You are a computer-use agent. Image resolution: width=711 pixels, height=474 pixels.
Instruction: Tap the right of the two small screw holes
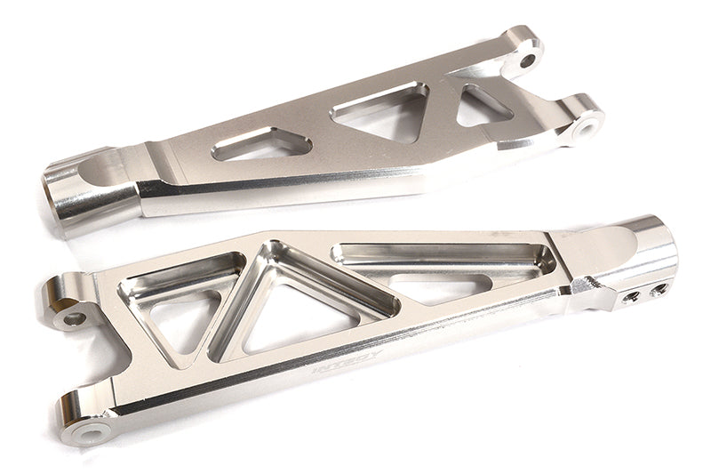659,286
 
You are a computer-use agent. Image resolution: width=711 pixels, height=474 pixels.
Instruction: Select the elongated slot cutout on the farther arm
249,146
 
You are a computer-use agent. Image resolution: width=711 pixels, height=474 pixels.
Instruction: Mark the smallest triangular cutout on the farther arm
481,106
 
